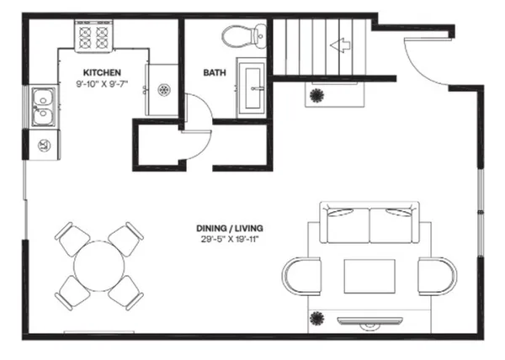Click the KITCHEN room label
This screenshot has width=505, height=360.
[100, 72]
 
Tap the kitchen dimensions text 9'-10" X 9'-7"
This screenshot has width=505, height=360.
[100, 84]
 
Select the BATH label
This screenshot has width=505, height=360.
[214, 72]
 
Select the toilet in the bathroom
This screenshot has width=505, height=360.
[242, 36]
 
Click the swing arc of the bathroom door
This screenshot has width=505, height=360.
[199, 126]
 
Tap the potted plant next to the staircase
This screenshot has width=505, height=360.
[318, 94]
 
